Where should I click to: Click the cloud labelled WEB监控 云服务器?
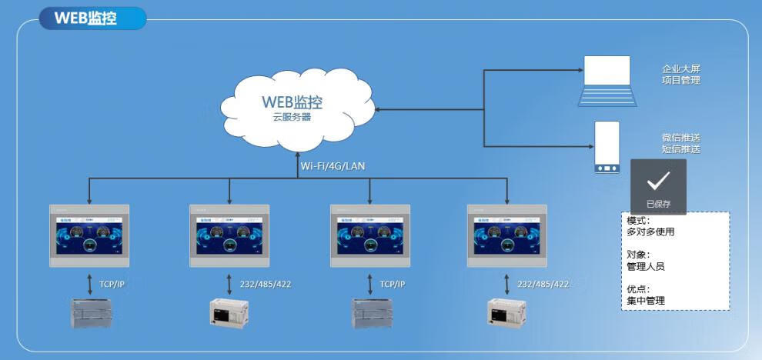coord(292,108)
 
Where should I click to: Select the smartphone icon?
coord(607,147)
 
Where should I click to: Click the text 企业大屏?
coord(681,68)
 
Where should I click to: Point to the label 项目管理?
coord(681,80)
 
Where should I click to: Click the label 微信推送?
coord(681,137)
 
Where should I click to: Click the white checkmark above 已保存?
coord(658,181)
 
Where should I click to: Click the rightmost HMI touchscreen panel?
coord(507,235)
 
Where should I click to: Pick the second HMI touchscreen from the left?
coord(229,235)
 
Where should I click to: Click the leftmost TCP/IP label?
coord(112,285)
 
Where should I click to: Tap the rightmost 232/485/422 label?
coord(543,285)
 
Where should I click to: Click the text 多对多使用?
coord(650,232)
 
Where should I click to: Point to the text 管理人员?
coord(646,266)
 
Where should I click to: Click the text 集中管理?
coord(646,301)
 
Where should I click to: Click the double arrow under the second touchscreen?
coord(229,283)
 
